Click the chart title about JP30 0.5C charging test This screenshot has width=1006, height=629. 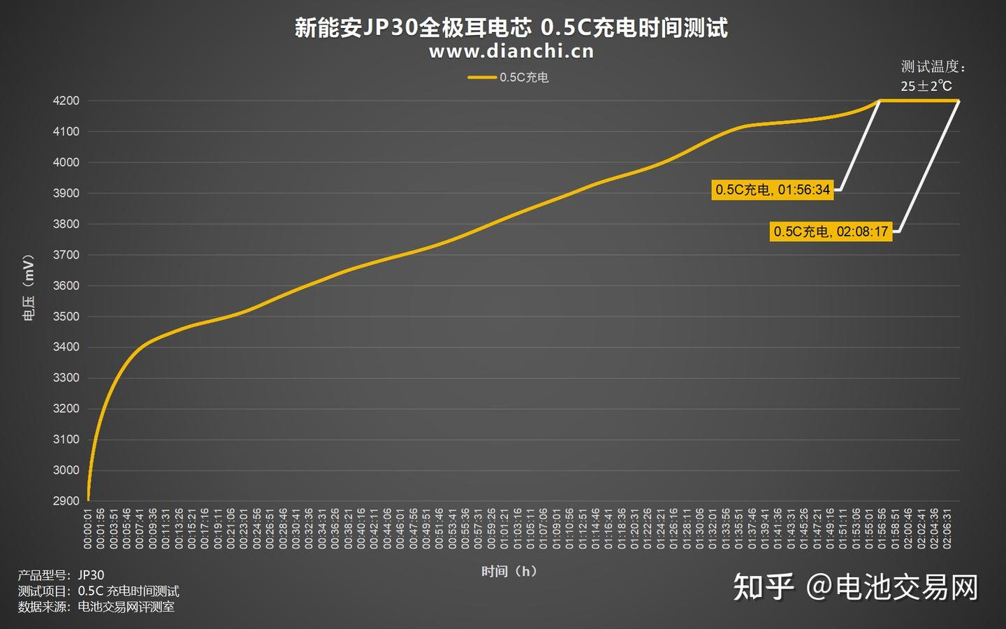coord(511,28)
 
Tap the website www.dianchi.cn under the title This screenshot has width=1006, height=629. coord(511,52)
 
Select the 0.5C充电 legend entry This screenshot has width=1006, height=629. coord(509,78)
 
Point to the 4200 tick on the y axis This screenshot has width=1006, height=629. coord(66,101)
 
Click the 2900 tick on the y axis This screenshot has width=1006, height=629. coord(66,500)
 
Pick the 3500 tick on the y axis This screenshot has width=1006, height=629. coord(66,316)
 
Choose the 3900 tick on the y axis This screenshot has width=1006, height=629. coord(66,193)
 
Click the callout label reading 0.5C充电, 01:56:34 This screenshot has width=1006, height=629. coord(772,189)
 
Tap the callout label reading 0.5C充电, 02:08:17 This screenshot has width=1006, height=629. coord(831,231)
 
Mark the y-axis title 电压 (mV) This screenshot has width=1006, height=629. coord(29,287)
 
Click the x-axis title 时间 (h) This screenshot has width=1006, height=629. coord(509,571)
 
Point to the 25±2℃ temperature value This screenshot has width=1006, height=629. coord(926,86)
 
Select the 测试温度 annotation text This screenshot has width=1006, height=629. coord(933,66)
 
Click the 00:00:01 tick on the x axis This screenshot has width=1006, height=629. coord(88,528)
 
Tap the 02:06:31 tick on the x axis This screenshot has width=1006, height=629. coord(947,528)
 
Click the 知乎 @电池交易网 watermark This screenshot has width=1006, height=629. coord(855,587)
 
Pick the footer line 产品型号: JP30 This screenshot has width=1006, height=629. coord(61,575)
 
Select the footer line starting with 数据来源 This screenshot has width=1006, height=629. coord(96,607)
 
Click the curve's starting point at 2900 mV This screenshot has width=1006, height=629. coord(88,500)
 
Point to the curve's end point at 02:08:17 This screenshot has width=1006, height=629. coord(958,101)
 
